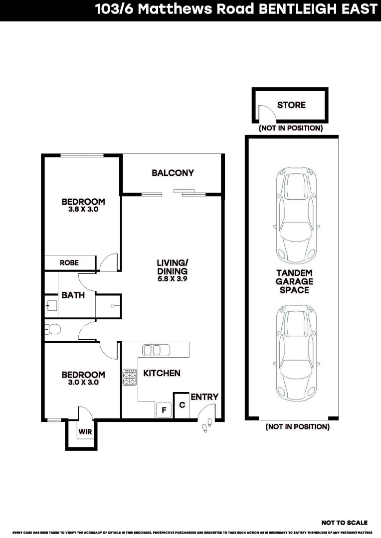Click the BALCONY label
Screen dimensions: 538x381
click(x=173, y=173)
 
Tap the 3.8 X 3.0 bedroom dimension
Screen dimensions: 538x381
click(x=83, y=210)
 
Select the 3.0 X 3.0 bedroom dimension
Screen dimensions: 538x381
click(x=83, y=383)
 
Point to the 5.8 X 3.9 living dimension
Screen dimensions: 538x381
click(x=172, y=279)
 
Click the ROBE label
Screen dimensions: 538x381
click(x=69, y=263)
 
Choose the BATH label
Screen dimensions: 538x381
click(x=73, y=295)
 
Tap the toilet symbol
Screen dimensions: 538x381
click(x=52, y=329)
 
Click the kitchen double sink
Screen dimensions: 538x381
click(x=152, y=349)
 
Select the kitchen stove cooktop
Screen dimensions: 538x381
click(x=130, y=377)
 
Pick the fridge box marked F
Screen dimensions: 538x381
click(x=163, y=410)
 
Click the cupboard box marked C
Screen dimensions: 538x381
click(x=182, y=405)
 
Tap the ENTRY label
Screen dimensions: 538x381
click(x=204, y=397)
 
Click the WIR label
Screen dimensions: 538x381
click(x=85, y=432)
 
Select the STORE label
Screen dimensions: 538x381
click(x=291, y=105)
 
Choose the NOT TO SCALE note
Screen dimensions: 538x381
click(x=344, y=523)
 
